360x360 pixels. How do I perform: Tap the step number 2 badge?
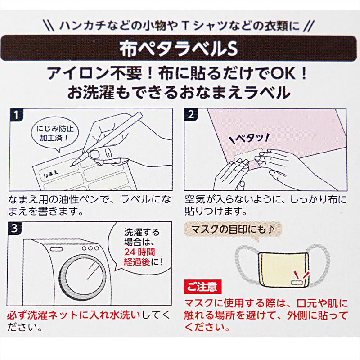pos(191,114)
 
